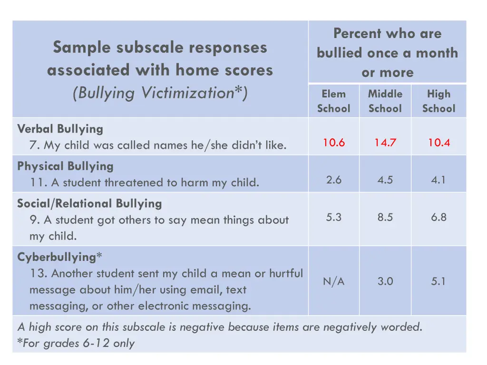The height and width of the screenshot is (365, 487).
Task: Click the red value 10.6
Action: point(334,143)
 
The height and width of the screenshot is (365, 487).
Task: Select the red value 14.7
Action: point(385,143)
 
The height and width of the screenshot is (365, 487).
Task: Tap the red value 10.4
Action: point(438,143)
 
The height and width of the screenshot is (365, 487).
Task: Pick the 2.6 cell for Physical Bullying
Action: point(334,180)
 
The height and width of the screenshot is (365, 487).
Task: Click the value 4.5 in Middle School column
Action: point(385,180)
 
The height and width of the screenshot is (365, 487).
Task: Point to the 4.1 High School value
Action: point(438,180)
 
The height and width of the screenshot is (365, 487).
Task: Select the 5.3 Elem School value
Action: point(334,217)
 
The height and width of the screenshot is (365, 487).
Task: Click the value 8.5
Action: point(385,217)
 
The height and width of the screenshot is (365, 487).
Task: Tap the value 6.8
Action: point(438,217)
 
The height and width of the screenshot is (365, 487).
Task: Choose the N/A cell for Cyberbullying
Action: point(334,281)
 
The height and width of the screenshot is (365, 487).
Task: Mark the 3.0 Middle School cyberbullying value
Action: point(385,281)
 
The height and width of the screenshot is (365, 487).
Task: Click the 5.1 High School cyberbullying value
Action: point(438,281)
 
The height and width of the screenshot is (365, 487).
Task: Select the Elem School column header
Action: point(334,101)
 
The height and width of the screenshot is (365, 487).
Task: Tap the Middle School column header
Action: point(385,101)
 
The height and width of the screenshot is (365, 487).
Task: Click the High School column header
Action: point(438,101)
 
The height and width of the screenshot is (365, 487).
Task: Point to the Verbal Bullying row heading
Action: point(60,129)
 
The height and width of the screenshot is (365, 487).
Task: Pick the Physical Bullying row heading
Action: point(65,166)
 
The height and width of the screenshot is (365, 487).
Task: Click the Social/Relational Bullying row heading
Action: point(89,204)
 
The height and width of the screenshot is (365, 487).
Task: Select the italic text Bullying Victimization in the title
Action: point(160,93)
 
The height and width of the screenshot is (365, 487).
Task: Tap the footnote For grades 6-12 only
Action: point(76,343)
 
